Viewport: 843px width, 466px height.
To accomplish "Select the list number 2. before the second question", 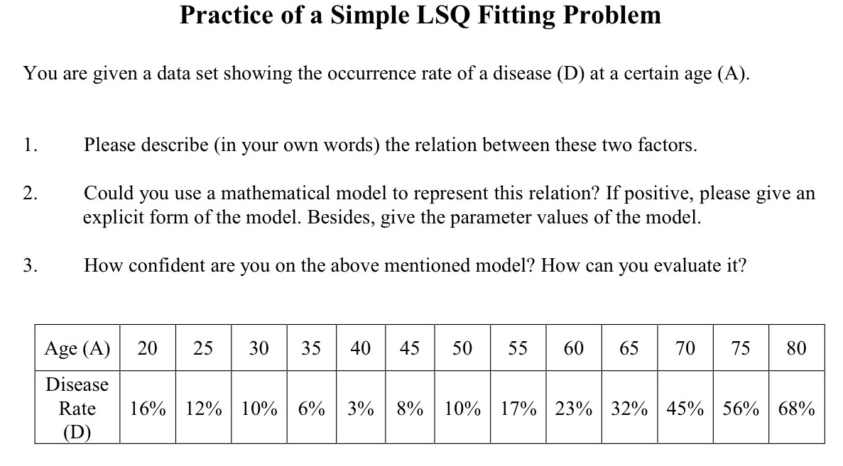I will click(x=31, y=193).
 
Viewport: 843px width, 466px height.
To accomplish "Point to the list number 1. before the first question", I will click(x=31, y=145).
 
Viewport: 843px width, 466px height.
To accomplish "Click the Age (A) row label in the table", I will click(x=77, y=348).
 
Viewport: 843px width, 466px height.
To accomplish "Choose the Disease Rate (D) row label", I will click(x=77, y=408).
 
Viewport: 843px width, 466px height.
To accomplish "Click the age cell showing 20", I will click(x=147, y=348).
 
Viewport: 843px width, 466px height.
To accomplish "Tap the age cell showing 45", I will click(x=409, y=348).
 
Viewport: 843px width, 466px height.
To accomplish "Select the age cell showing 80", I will click(x=796, y=348).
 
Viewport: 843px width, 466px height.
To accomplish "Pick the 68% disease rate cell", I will click(x=796, y=409).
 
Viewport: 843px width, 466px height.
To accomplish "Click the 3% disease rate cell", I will click(x=361, y=409).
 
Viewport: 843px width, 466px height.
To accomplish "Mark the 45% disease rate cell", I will click(x=685, y=409).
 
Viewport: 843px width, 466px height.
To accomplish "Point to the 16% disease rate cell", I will click(x=147, y=409).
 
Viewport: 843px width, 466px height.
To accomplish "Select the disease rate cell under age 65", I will click(x=629, y=409).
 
